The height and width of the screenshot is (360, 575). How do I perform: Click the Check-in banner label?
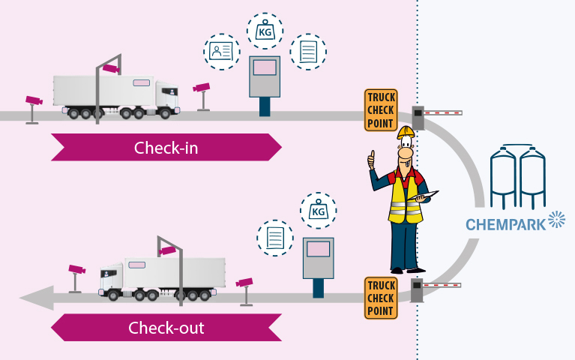166,148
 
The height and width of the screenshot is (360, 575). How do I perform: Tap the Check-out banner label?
166,328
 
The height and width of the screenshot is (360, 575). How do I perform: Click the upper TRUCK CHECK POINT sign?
381,110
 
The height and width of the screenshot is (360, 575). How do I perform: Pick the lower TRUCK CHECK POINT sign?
381,298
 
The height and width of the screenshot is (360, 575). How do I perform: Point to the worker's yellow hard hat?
406,133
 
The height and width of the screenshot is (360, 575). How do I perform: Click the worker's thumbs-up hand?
370,160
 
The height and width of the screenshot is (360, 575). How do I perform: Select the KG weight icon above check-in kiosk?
265,31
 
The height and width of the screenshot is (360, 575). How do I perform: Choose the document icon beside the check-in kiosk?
308,52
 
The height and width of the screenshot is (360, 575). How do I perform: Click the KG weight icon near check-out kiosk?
318,211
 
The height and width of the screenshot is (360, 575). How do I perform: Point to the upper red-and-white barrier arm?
443,113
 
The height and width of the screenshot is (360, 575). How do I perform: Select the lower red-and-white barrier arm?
442,285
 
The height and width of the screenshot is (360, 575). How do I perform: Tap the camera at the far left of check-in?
32,100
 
